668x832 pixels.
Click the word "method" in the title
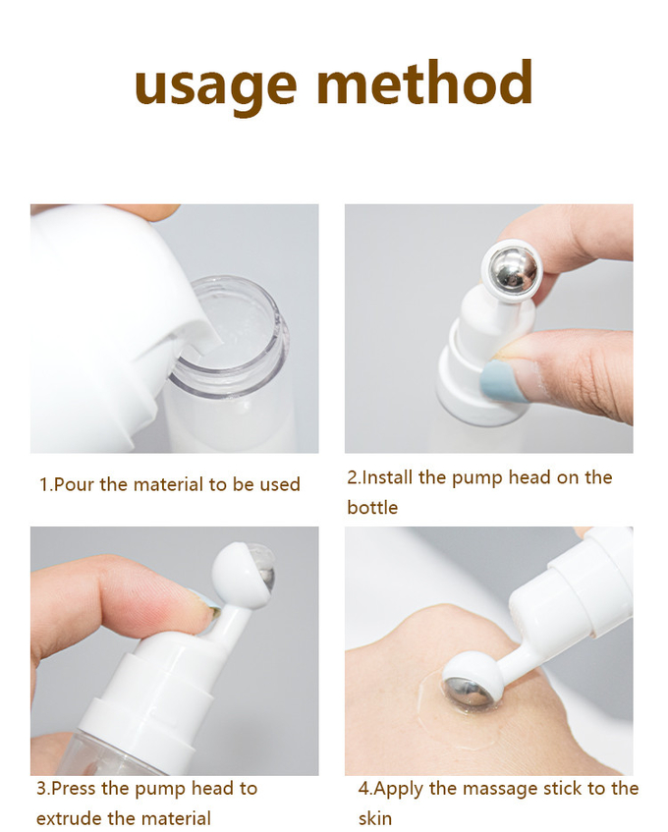[x=424, y=83]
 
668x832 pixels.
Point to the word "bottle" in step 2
[x=372, y=507]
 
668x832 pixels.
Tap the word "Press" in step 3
[x=74, y=788]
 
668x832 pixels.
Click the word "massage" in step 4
[x=500, y=789]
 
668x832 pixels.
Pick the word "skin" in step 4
[x=374, y=817]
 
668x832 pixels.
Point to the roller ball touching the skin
[x=466, y=690]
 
